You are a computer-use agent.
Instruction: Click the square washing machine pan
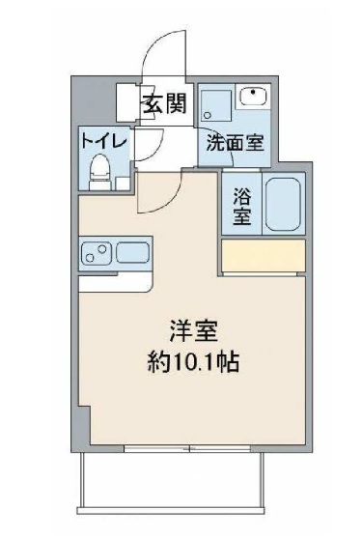tap(214, 104)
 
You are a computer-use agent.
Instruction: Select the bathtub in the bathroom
tap(282, 203)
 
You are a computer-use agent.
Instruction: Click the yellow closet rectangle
tap(262, 256)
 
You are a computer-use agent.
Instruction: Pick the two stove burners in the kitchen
tap(97, 256)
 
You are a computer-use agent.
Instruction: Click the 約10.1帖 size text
tap(188, 364)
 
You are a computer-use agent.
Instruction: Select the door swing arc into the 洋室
tap(153, 193)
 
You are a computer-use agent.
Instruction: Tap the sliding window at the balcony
tap(190, 448)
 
